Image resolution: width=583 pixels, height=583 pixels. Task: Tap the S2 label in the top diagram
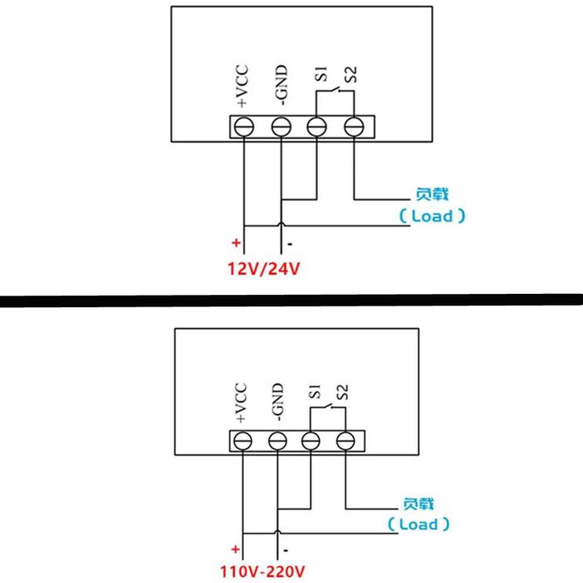click(353, 74)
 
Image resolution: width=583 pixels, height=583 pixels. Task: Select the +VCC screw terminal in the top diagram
click(244, 127)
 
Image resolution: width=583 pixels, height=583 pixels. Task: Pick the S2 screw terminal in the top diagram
click(354, 127)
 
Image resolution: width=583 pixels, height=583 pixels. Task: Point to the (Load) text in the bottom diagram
click(418, 525)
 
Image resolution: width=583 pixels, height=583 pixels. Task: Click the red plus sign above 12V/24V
click(236, 245)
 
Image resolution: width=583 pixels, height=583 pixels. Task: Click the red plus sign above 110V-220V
click(235, 549)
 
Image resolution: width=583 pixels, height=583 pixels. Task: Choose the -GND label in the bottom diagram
click(278, 401)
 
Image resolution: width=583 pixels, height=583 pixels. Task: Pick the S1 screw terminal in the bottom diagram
click(311, 440)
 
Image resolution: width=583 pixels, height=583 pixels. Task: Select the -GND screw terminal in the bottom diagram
click(277, 440)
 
